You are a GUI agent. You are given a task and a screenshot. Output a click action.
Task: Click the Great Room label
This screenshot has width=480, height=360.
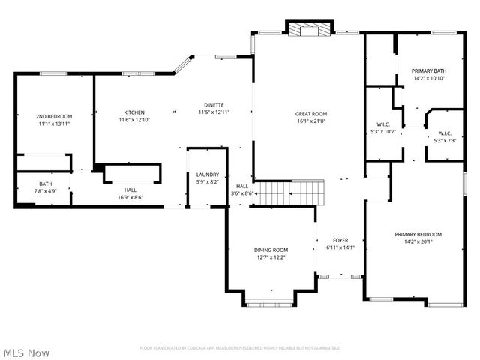310,114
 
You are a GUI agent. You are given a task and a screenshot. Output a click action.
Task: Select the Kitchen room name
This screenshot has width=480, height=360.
134,112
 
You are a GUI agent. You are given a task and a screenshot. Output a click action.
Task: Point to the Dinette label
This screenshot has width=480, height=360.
214,104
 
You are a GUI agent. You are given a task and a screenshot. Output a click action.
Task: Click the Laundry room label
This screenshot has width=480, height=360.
207,175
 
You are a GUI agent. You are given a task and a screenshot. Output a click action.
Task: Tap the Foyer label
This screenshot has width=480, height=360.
340,240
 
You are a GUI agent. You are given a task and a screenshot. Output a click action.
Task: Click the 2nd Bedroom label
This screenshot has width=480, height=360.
54,116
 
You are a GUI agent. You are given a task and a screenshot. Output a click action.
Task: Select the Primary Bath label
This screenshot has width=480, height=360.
428,71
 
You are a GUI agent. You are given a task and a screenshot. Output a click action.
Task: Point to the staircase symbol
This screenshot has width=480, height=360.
291,192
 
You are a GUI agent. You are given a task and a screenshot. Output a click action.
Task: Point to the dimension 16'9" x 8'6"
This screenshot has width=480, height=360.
130,198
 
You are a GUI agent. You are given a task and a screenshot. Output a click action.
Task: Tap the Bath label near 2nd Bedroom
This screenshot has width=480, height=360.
46,184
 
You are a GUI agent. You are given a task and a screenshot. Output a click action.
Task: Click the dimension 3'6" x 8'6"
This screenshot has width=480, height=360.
243,193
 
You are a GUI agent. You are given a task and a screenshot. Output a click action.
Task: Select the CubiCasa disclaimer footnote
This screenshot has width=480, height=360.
239,348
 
